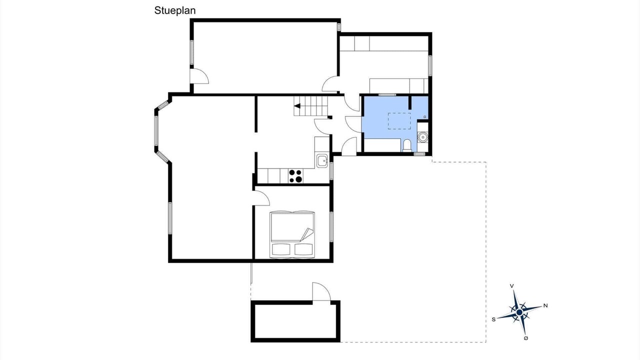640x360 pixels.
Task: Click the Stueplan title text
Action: (x=175, y=11)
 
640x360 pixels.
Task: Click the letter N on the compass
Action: (x=545, y=305)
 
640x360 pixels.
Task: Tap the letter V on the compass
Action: (x=511, y=286)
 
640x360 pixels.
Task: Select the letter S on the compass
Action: (x=493, y=319)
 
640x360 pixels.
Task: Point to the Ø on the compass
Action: (x=526, y=338)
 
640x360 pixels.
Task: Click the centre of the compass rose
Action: (x=519, y=312)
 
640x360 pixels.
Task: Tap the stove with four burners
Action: (x=295, y=175)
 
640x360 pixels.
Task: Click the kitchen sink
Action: (x=322, y=161)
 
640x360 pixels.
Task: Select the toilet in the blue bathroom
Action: (x=406, y=145)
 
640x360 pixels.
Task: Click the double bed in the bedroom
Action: (x=292, y=234)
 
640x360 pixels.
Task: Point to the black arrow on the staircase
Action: (x=297, y=106)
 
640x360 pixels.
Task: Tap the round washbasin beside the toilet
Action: (x=422, y=137)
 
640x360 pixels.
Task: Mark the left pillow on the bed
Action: (x=281, y=249)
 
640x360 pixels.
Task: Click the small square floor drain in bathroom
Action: (x=425, y=117)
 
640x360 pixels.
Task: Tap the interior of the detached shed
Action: (x=295, y=321)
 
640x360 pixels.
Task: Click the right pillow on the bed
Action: (x=303, y=249)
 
